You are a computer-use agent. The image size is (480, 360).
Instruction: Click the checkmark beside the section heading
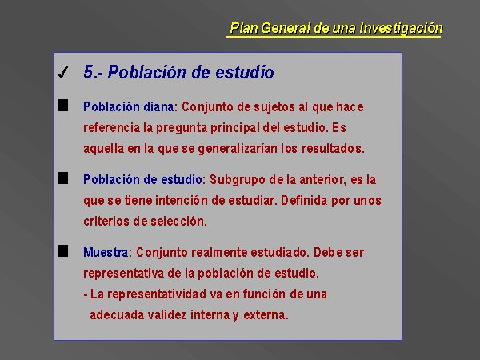coord(63,73)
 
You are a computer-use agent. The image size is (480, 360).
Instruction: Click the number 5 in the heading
coord(89,72)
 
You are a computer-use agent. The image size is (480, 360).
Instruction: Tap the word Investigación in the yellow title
coord(401,28)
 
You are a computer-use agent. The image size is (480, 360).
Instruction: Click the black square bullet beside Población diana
coord(62,106)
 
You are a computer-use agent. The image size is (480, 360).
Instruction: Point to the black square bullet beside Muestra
coord(62,251)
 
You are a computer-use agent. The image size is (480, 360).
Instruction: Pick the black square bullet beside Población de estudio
coord(62,178)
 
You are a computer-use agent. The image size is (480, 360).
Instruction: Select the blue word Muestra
coord(106,253)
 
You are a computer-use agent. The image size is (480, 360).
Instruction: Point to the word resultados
coord(333,149)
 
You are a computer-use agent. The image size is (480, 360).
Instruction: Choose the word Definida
coord(304,201)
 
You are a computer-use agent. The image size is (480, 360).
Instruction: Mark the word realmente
coord(219,253)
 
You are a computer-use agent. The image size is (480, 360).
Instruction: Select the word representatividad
coord(157,294)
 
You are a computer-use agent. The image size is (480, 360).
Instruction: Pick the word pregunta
coord(182,128)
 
